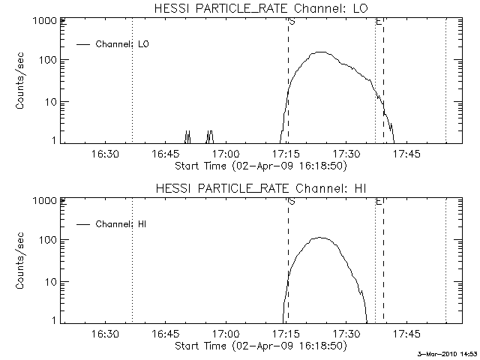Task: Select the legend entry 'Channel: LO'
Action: tap(123, 44)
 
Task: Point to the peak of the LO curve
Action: tap(321, 52)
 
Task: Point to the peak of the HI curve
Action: tap(320, 238)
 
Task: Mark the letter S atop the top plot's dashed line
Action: tap(292, 22)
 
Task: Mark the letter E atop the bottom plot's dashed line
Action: tap(379, 202)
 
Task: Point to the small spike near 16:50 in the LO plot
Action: tap(187, 135)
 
